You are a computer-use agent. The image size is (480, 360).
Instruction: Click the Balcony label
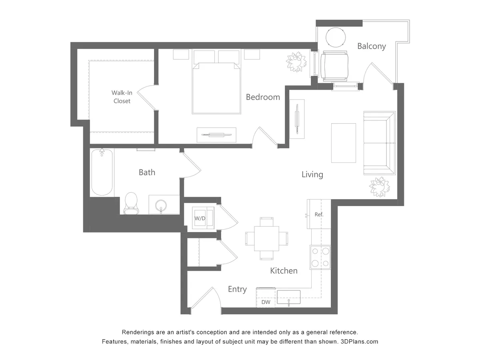371,46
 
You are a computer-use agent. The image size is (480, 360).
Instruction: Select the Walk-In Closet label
122,97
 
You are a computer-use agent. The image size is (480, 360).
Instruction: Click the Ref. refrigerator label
319,214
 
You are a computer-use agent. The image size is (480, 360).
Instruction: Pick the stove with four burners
320,257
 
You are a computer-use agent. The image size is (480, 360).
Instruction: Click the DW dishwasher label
266,302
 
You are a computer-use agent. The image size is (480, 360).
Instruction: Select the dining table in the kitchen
266,238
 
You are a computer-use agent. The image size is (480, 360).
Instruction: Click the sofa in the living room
379,143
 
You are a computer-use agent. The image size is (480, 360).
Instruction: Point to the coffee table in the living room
343,143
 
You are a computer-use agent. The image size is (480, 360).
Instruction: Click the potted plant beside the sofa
379,186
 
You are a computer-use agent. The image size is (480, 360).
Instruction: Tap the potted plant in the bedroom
296,62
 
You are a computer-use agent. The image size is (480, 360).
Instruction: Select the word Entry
237,289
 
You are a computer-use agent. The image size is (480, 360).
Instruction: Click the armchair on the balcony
335,66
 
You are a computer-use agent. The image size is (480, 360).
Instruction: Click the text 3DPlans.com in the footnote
359,342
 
